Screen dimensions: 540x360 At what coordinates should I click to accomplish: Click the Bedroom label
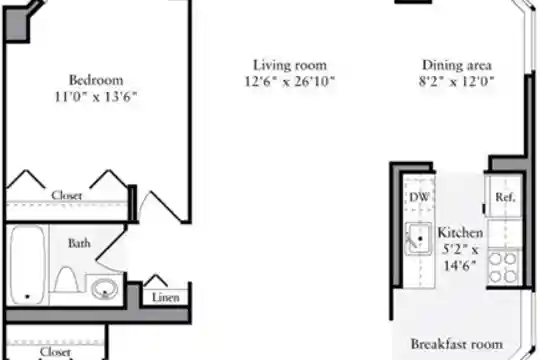coord(96,80)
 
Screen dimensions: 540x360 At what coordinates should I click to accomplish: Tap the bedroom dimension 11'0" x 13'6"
coord(96,97)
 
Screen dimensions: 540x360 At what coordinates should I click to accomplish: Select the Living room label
coord(290,65)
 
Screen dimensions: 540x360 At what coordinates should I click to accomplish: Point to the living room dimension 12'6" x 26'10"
coord(290,82)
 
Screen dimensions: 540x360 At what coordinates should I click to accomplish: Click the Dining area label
coord(457,65)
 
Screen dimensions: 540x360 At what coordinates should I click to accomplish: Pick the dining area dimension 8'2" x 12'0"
coord(457,82)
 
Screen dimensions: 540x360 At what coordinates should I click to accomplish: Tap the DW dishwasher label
coord(419,197)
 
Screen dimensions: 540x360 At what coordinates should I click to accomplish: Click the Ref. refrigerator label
coord(505,197)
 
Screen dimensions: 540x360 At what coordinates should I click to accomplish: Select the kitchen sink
coord(418,238)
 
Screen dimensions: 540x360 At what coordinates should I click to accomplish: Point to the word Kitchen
coord(460,233)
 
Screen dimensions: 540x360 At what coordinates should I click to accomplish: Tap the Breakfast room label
coord(457,344)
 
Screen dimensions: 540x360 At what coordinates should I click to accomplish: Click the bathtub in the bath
coord(28,265)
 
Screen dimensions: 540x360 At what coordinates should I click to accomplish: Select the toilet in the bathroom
coord(67,280)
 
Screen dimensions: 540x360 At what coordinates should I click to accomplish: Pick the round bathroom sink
coord(105,289)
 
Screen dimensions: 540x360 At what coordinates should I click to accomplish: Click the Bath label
coord(80,243)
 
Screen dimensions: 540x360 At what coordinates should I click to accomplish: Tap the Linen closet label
coord(166,298)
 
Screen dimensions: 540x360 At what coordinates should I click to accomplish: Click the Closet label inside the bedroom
coord(66,196)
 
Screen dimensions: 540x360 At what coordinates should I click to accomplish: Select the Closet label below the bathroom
coord(55,352)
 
